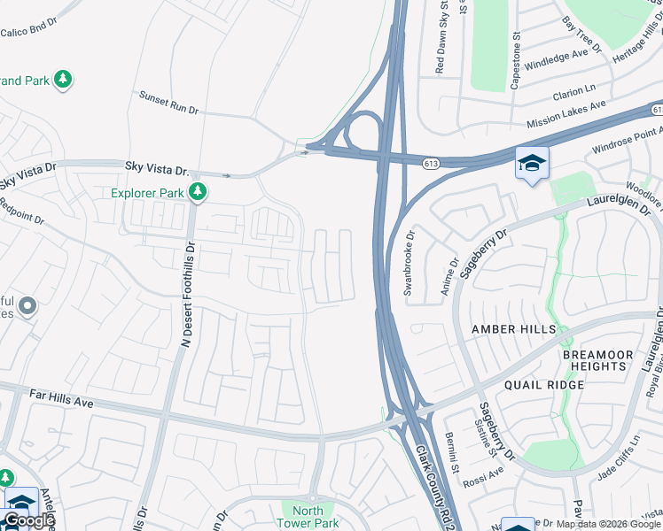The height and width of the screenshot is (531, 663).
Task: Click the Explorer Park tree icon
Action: (200, 191)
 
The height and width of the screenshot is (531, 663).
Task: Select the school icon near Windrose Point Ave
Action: (532, 164)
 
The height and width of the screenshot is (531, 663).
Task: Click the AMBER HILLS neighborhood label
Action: (514, 329)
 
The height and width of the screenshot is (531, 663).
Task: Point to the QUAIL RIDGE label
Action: (544, 385)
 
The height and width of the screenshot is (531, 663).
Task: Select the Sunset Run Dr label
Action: (168, 102)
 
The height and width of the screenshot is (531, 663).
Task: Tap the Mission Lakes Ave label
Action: (565, 112)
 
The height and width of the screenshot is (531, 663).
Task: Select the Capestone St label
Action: (515, 57)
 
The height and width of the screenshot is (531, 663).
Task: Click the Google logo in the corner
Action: (30, 520)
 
